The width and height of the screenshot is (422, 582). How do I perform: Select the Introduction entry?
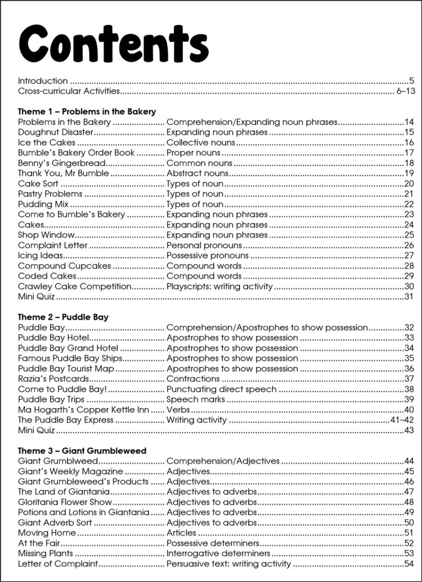[x=43, y=81]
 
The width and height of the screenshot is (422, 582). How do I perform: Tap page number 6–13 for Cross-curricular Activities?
[x=406, y=91]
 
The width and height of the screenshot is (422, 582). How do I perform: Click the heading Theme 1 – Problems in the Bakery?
[x=86, y=111]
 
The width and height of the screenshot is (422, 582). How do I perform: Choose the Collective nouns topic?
[x=201, y=143]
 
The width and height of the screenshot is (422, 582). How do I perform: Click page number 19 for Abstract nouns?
[x=409, y=174]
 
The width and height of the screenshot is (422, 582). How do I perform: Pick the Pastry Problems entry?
[x=50, y=194]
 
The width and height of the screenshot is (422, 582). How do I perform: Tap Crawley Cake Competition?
[x=75, y=286]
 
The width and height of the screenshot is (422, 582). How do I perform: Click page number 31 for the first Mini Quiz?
[x=409, y=297]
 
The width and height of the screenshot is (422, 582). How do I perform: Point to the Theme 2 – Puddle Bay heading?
[x=63, y=317]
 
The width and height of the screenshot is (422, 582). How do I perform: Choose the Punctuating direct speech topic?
[x=221, y=389]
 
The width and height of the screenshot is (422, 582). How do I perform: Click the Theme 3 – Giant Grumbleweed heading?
[x=82, y=451]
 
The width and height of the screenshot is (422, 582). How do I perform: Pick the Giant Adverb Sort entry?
[x=55, y=523]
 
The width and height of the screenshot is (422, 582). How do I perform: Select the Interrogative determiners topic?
[x=218, y=554]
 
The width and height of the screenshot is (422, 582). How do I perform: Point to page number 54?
[x=409, y=564]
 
